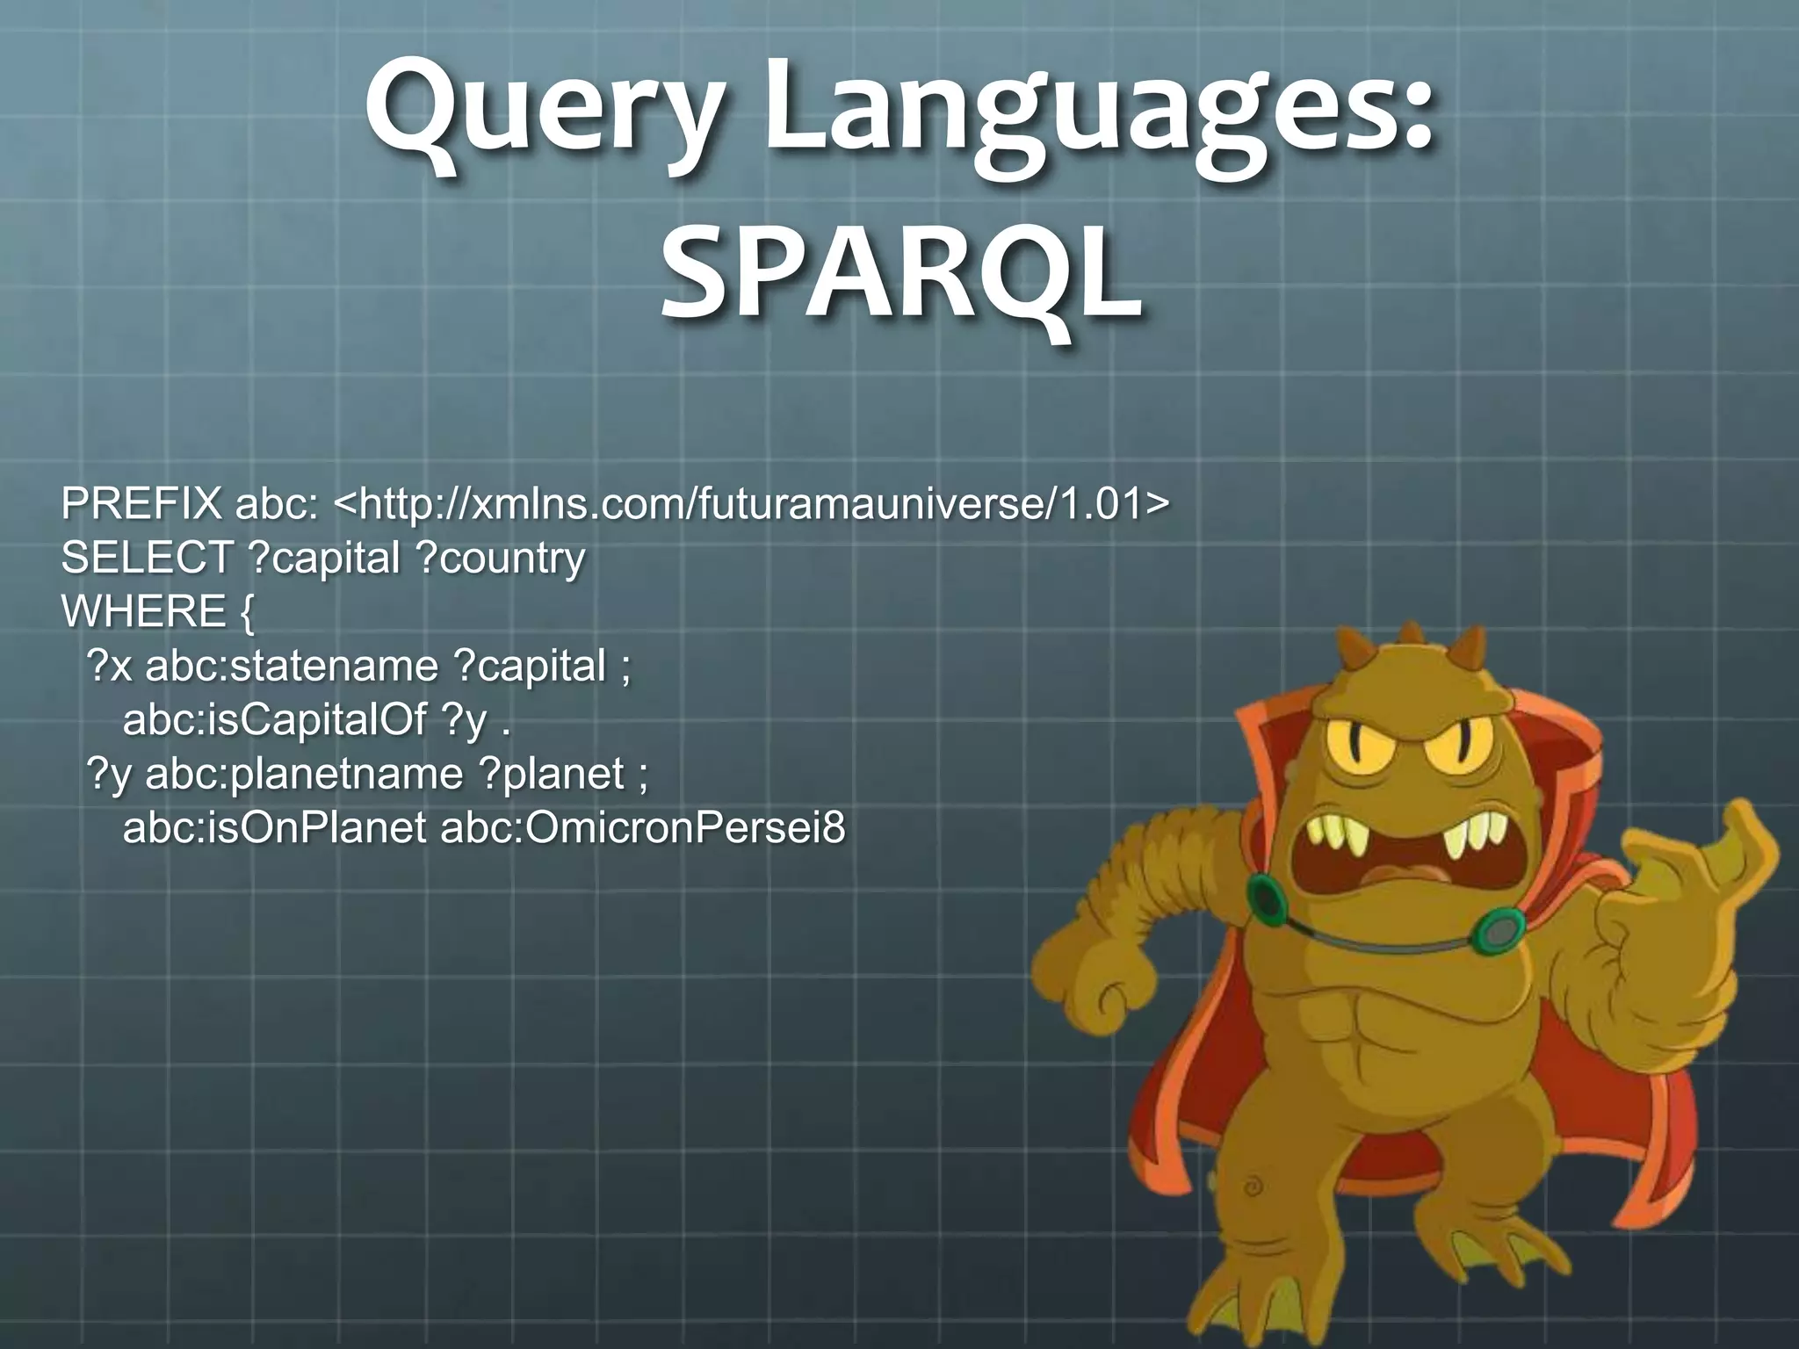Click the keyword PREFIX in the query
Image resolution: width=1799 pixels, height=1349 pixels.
(141, 504)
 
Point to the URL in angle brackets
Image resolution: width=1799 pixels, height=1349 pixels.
(753, 504)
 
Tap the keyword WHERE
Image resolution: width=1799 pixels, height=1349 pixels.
(143, 611)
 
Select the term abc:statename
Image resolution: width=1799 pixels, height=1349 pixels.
(291, 666)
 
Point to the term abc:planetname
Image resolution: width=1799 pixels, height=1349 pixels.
(303, 774)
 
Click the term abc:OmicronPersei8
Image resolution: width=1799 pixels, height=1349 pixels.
(642, 827)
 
